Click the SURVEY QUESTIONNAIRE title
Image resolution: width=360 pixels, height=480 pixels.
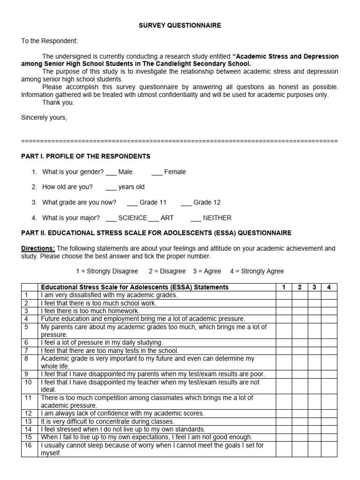(180, 26)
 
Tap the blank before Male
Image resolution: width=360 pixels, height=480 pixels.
(111, 172)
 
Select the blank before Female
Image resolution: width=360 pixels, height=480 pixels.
(157, 172)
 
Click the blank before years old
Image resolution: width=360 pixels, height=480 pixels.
(111, 187)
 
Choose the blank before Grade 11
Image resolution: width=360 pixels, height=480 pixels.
(132, 203)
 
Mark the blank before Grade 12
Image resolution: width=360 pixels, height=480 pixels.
(186, 203)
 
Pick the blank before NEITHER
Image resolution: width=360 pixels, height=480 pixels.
(195, 218)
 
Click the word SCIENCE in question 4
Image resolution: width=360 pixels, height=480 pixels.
(133, 218)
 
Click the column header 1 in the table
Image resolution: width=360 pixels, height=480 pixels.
(284, 287)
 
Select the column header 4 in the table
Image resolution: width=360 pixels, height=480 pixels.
(329, 287)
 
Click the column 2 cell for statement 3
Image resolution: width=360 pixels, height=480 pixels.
(300, 311)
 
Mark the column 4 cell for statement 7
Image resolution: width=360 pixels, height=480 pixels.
(329, 351)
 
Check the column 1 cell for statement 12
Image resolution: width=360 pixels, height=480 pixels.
(284, 413)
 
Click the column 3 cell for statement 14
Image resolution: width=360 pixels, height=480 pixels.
(315, 429)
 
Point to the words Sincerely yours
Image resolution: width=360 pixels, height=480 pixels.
(44, 118)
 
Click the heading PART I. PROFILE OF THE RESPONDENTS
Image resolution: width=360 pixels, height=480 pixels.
(86, 156)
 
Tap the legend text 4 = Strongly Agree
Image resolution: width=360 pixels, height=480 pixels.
(257, 271)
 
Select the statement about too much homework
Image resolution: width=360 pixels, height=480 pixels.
(90, 311)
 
